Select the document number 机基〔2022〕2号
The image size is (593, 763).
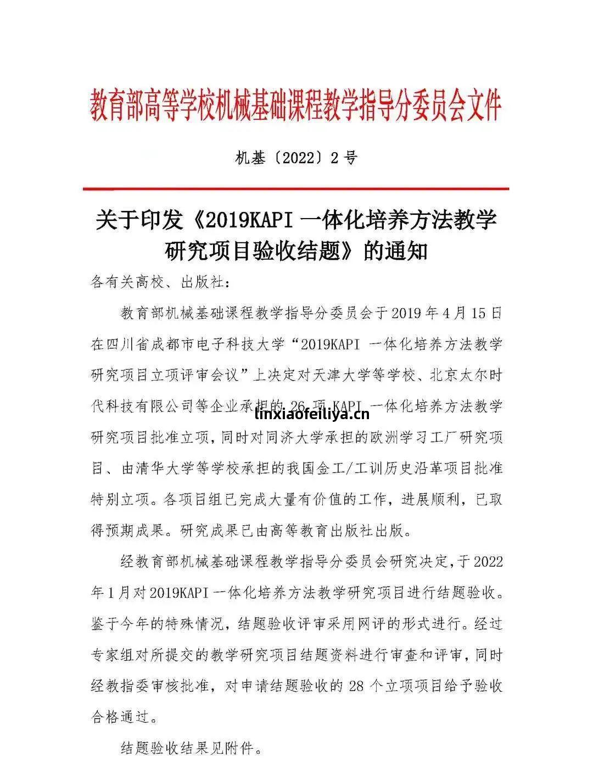(x=296, y=158)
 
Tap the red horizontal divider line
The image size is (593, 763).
(x=296, y=188)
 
